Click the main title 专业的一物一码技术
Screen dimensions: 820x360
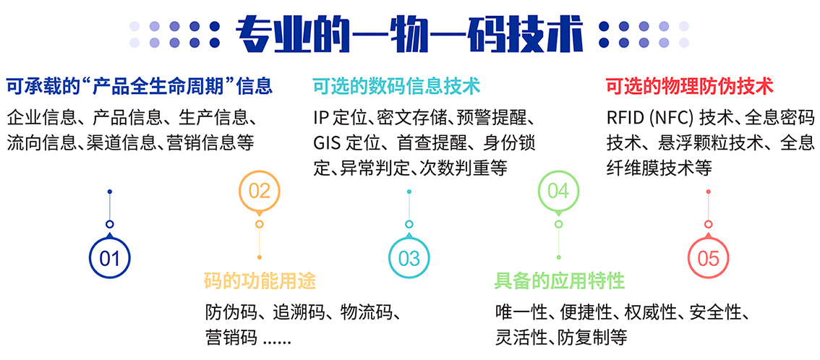(x=409, y=35)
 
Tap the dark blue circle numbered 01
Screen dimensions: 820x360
(x=109, y=257)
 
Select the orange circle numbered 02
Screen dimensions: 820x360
(x=260, y=192)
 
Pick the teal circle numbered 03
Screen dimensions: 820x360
(x=409, y=257)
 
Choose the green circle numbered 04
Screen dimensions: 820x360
(x=558, y=192)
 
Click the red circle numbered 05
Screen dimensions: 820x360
(x=708, y=257)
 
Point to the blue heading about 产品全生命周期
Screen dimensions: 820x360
(x=139, y=86)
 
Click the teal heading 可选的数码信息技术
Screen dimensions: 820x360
(x=396, y=86)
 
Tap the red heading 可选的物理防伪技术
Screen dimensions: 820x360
(x=689, y=86)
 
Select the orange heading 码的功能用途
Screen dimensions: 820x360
(x=260, y=281)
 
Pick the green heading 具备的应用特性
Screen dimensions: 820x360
(x=560, y=281)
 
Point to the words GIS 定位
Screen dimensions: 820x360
(x=346, y=142)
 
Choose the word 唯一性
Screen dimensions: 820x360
(x=521, y=314)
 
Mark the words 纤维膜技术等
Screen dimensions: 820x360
(x=659, y=167)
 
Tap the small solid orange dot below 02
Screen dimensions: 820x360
(x=260, y=257)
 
